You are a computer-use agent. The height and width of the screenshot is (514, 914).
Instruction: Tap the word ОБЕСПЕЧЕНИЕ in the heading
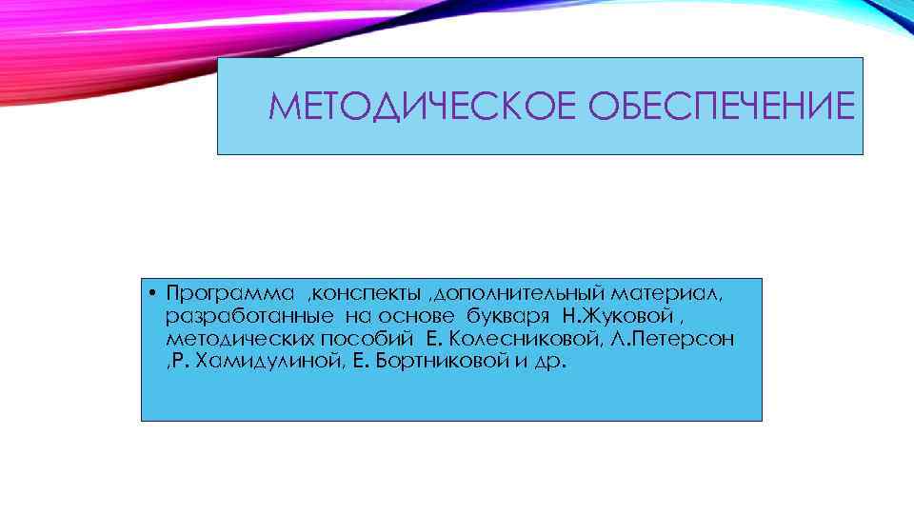(x=723, y=107)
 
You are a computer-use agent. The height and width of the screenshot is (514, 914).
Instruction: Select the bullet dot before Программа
(x=152, y=290)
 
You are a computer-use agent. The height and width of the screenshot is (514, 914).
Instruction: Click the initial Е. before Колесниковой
(x=433, y=339)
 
